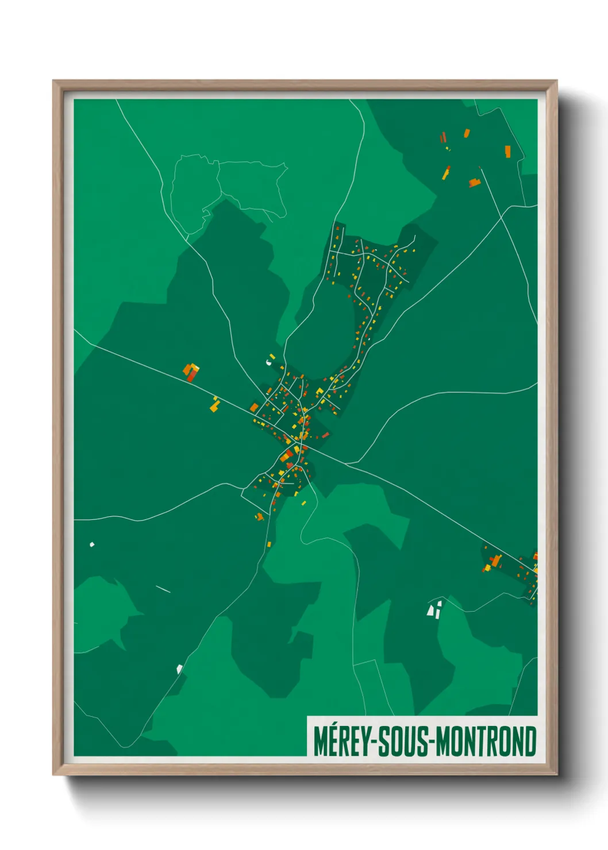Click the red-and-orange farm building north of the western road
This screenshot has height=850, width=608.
(x=191, y=372)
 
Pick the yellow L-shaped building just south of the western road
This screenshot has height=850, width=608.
(x=214, y=405)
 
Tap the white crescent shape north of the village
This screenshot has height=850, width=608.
(x=269, y=362)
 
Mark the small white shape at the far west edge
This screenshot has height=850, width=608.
(x=92, y=544)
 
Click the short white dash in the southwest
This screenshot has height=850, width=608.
(x=163, y=589)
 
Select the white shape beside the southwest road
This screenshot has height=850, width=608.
(x=179, y=668)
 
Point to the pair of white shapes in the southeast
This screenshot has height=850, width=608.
(x=434, y=609)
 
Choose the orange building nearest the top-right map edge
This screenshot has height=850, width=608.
(x=507, y=151)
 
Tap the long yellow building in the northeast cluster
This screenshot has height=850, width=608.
(x=446, y=172)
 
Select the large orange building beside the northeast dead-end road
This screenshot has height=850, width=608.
(x=474, y=183)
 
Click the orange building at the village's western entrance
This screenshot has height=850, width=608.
(x=254, y=407)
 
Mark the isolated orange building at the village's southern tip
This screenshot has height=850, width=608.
(x=259, y=516)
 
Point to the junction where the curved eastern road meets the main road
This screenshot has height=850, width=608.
(x=345, y=463)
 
